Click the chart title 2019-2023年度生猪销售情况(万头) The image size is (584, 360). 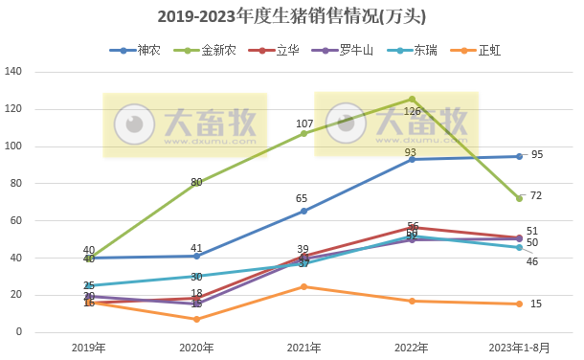[291, 17]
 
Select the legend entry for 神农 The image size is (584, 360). [142, 50]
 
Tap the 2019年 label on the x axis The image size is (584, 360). [89, 349]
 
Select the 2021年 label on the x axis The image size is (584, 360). [304, 349]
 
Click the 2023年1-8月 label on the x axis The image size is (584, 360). [519, 349]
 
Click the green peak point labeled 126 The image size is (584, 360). [412, 99]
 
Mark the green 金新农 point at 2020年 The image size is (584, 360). [196, 183]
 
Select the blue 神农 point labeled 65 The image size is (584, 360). [304, 211]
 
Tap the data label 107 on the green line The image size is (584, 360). [304, 124]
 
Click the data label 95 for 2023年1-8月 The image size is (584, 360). [536, 154]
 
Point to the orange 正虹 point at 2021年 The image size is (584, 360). [304, 286]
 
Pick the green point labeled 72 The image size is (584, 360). [519, 198]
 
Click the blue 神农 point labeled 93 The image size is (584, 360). [412, 159]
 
